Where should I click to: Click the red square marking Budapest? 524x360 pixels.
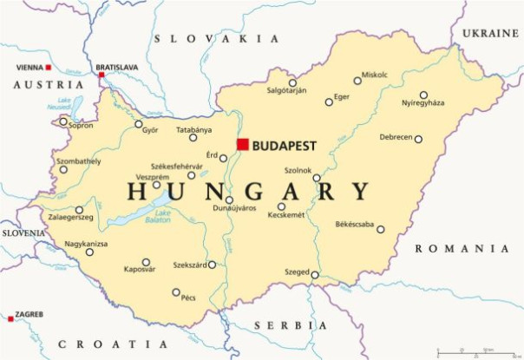click(243, 144)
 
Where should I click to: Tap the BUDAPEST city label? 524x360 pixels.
click(285, 145)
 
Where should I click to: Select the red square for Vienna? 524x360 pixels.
click(49, 67)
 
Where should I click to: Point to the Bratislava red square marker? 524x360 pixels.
click(102, 75)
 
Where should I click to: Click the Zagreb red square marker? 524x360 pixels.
click(10, 319)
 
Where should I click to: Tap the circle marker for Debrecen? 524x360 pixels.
click(418, 139)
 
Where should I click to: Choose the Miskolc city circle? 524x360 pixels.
click(357, 81)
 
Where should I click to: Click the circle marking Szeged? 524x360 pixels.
click(315, 275)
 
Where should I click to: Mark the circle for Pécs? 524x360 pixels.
click(176, 292)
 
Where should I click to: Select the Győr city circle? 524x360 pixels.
click(139, 124)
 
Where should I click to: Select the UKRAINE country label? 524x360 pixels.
click(490, 33)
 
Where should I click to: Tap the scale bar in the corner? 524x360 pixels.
click(472, 352)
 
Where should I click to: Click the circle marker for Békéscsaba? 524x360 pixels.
click(381, 230)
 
